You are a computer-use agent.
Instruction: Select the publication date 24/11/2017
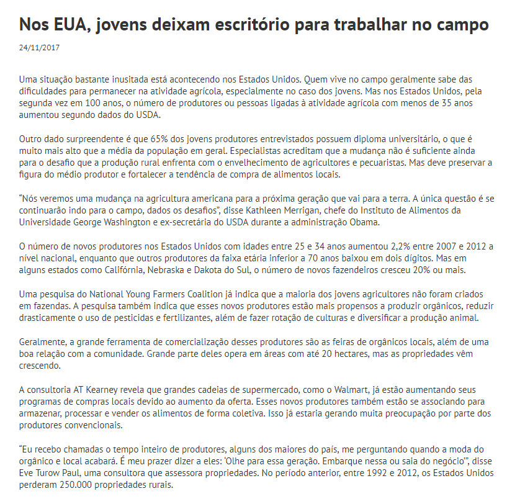(40, 47)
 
